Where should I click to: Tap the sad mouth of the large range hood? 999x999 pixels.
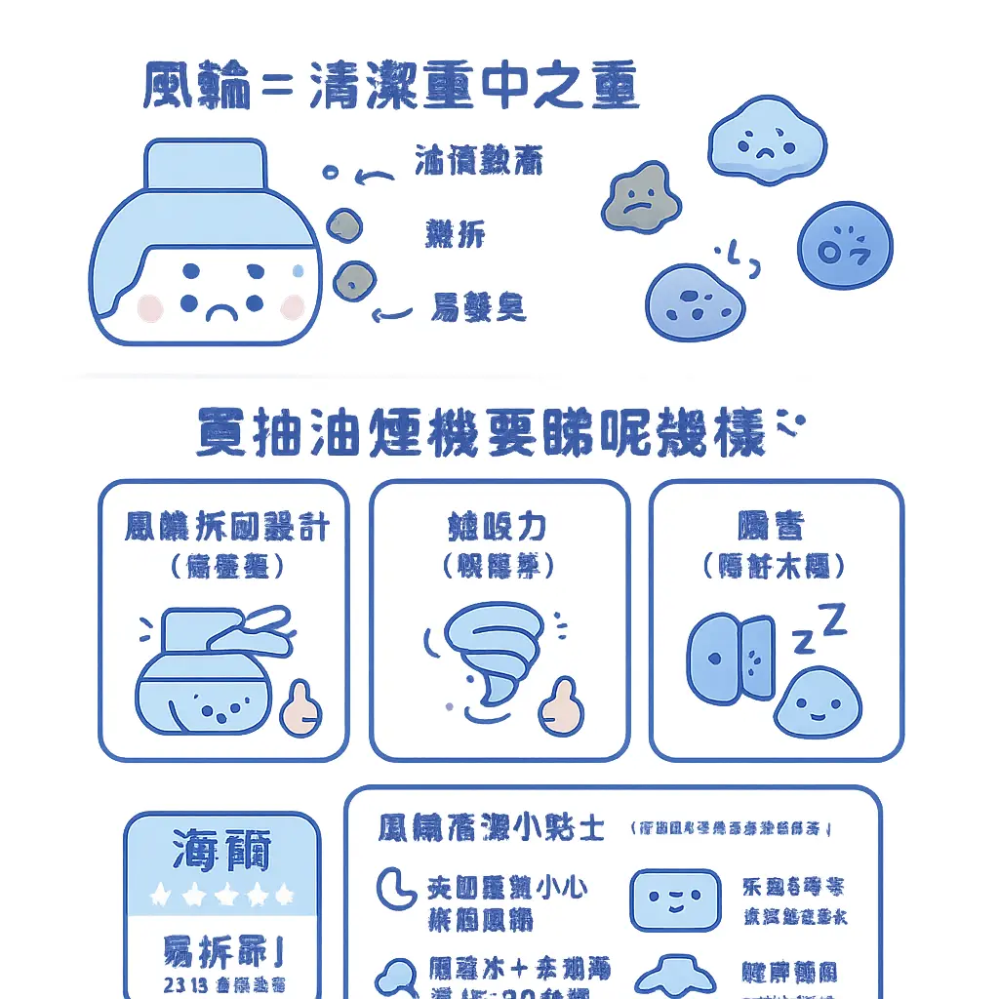click(x=220, y=313)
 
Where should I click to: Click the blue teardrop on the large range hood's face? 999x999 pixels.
click(x=298, y=267)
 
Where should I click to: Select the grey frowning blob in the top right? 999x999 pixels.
click(x=639, y=196)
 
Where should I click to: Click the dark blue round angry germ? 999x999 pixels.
click(x=845, y=245)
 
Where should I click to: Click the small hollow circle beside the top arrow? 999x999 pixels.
click(x=331, y=173)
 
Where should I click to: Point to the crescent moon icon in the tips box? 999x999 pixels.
click(x=394, y=887)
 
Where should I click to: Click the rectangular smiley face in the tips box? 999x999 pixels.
click(x=675, y=899)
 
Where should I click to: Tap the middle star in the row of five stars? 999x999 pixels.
click(x=221, y=894)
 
